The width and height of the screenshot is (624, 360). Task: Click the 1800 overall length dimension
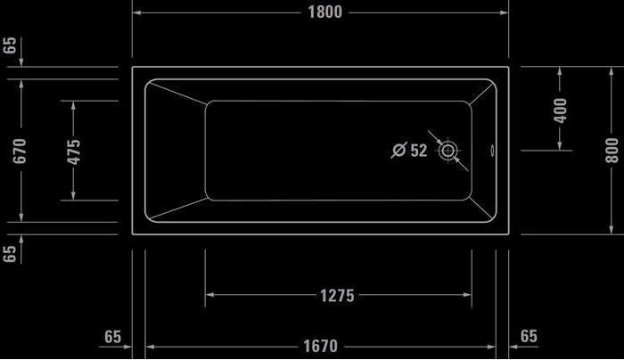(325, 12)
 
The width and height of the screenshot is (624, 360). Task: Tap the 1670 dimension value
(320, 346)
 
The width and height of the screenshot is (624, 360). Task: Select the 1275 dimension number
(337, 296)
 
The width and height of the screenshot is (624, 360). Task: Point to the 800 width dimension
(612, 151)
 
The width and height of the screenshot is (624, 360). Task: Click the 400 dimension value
(560, 110)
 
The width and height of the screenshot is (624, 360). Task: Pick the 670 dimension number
(20, 151)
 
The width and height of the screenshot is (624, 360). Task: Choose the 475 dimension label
(74, 151)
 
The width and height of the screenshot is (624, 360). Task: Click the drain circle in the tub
(447, 151)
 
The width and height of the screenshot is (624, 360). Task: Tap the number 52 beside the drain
(419, 151)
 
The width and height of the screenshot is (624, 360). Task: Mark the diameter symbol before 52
(398, 150)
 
